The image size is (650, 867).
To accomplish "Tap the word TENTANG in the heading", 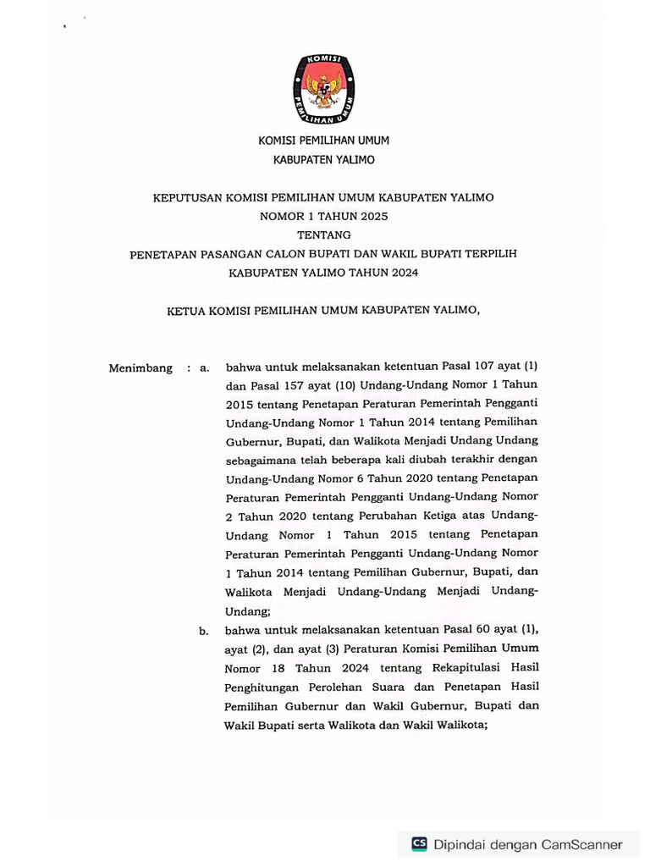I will (324, 235).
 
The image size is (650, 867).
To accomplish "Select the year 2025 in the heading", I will (370, 216).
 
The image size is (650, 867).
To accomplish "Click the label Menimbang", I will (140, 368).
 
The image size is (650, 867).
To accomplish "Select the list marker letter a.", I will (203, 368).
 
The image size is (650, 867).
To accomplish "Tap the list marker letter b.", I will (203, 631).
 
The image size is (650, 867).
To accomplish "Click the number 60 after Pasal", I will (478, 631).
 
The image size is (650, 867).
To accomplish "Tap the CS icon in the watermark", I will (419, 843).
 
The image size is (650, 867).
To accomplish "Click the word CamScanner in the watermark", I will (581, 844).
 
